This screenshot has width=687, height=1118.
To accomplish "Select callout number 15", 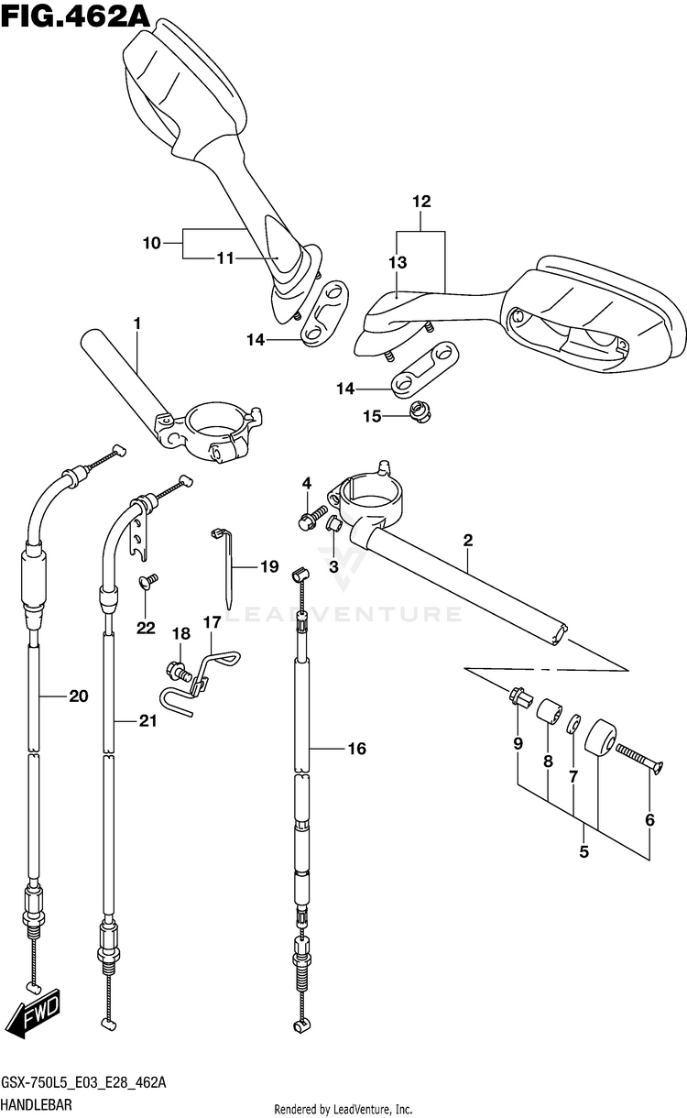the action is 372,416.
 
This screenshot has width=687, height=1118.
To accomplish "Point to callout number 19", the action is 269,566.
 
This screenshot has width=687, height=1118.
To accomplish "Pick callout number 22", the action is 146,628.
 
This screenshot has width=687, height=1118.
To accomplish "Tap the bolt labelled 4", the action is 311,517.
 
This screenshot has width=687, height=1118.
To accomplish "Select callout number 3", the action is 333,566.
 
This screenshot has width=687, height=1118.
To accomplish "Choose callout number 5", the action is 584,852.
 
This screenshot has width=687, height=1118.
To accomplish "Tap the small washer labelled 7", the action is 573,723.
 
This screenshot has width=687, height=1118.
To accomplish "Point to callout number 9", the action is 518,744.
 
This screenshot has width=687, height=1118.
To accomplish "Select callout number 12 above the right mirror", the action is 421,201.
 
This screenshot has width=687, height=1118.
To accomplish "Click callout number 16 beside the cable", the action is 356,748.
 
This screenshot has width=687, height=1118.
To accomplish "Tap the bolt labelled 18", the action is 178,670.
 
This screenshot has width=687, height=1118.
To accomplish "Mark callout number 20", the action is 79,696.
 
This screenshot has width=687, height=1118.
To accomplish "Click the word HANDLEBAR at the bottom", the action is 37,1104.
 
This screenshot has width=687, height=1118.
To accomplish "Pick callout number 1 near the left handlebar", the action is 136,323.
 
